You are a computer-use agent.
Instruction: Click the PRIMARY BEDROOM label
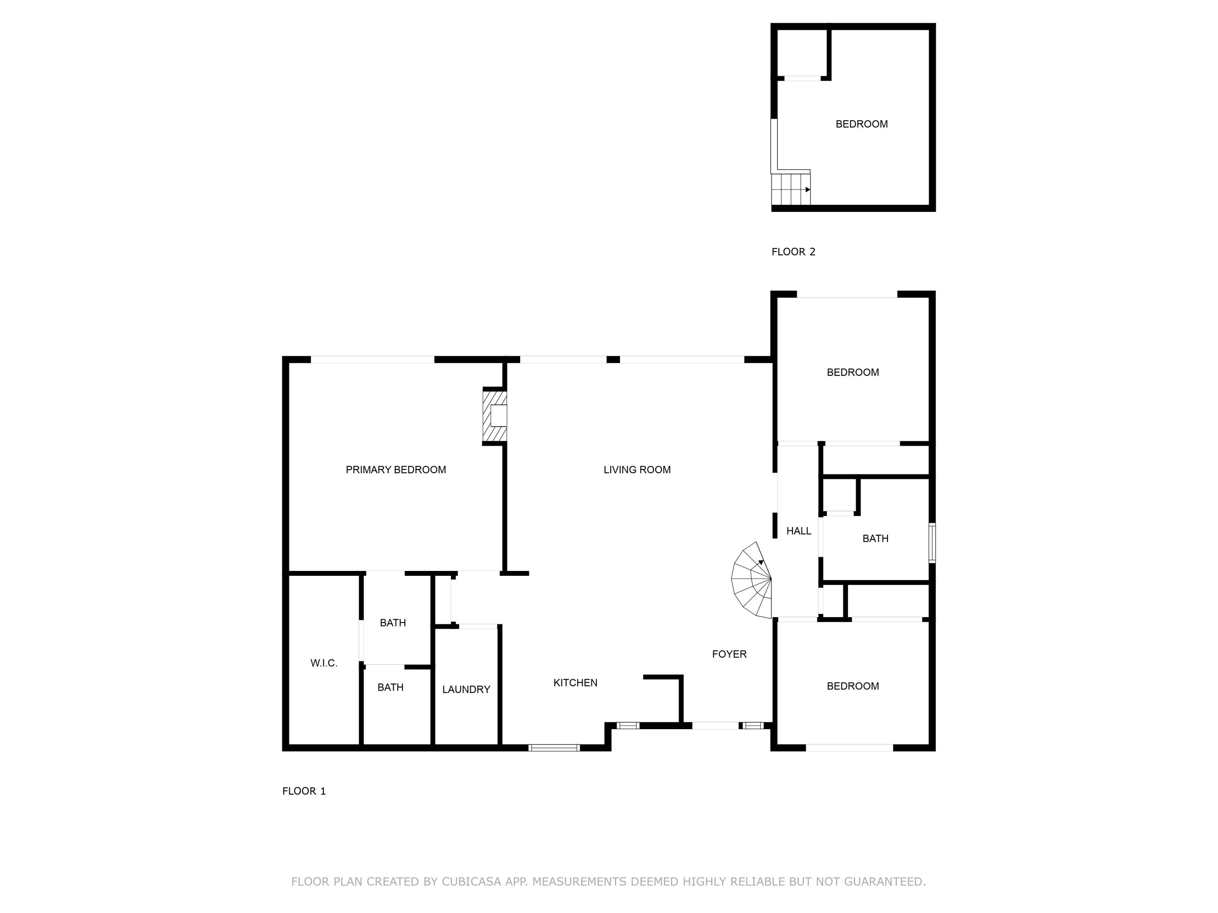(x=395, y=469)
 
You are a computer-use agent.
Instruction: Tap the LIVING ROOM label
(x=637, y=469)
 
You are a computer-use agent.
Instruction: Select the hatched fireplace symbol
(x=495, y=416)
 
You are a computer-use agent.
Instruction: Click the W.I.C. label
(x=324, y=663)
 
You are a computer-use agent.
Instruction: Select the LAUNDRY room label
(x=466, y=689)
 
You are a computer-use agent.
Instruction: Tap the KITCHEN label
(x=575, y=683)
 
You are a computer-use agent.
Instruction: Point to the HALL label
(x=799, y=531)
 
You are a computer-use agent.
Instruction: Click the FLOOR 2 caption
(x=793, y=252)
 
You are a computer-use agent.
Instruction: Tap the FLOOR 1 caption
(x=304, y=791)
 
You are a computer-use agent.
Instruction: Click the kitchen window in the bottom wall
(x=554, y=747)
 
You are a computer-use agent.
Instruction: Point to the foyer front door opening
(x=715, y=726)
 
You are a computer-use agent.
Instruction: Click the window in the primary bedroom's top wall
(x=372, y=360)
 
